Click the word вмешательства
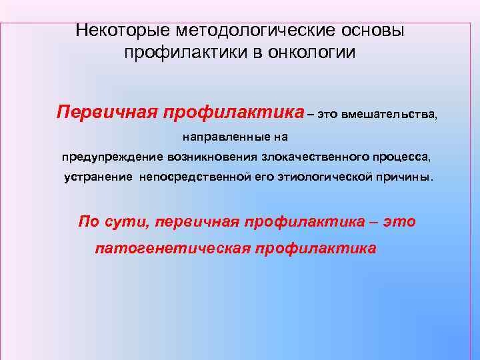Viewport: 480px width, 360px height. [390, 114]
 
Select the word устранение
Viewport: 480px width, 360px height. [98, 178]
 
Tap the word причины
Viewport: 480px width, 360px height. [404, 178]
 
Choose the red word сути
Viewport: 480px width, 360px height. [124, 221]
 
